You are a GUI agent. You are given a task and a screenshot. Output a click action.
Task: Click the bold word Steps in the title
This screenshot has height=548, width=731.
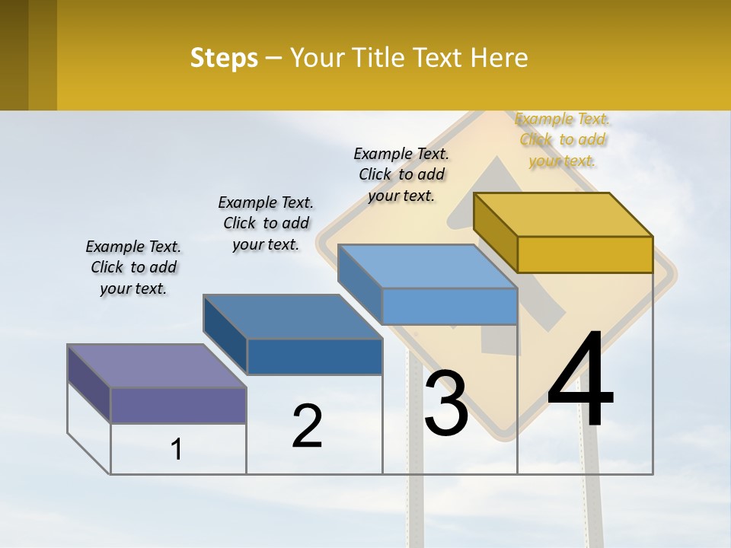[x=224, y=58]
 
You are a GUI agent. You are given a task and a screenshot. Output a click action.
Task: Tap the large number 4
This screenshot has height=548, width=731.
[x=580, y=379]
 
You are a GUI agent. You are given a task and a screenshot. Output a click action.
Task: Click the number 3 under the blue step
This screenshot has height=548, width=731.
[x=446, y=403]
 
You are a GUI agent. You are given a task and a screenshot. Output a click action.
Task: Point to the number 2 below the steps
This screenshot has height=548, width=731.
[x=308, y=426]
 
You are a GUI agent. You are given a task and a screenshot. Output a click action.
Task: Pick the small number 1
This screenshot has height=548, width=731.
[x=177, y=450]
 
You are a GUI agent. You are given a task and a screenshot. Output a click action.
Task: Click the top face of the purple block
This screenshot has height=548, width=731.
[x=156, y=365]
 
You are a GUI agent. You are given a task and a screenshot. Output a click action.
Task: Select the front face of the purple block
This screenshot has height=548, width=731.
[x=178, y=405]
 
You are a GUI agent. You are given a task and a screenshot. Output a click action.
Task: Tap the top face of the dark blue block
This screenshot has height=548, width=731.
[x=292, y=316]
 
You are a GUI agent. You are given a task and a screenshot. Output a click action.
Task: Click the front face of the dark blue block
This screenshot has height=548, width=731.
[x=314, y=356]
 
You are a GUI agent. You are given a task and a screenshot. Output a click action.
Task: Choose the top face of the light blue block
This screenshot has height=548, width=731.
[x=427, y=266]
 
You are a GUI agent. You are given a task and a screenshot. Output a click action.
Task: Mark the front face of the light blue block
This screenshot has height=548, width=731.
[x=449, y=306]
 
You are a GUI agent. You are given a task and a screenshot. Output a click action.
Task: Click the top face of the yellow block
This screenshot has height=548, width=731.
[x=563, y=214]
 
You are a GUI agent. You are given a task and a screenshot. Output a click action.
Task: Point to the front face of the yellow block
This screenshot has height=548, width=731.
[x=585, y=254]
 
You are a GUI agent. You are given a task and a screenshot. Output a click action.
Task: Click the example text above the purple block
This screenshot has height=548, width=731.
[x=133, y=267]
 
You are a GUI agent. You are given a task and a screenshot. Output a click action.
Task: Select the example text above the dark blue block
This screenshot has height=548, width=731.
[x=266, y=223]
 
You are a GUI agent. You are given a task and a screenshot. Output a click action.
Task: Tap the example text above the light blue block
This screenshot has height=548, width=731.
[x=401, y=174]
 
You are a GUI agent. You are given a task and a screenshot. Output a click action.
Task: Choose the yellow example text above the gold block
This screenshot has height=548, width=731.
[x=563, y=139]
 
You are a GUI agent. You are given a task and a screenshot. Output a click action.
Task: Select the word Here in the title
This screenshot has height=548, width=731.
[x=499, y=58]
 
